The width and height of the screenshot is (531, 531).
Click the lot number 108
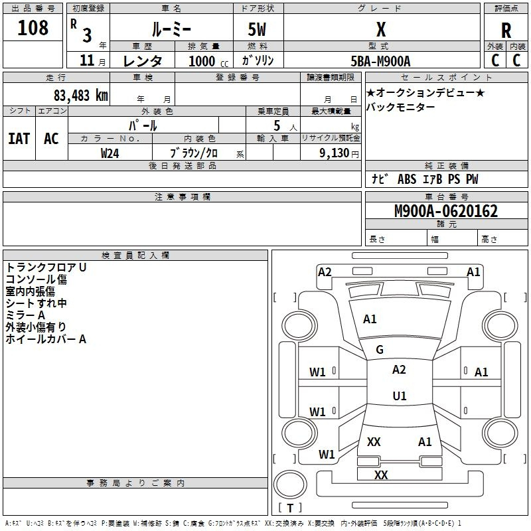pos(33,29)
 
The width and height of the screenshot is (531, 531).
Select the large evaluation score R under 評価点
pos(506,30)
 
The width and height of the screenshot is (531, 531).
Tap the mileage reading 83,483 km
pos(80,95)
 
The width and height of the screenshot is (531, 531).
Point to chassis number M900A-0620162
pos(446,211)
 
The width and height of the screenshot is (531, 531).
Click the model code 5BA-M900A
pos(380,61)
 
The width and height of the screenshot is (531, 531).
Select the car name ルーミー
pos(171,30)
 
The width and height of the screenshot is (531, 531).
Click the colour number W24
pos(110,153)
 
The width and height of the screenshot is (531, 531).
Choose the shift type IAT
pos(19,139)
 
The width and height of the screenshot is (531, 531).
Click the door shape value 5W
pos(258,30)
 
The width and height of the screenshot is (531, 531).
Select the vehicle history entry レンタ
pos(143,61)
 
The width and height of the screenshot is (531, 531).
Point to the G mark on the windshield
pos(380,350)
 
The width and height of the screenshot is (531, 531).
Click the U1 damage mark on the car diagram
pos(399,396)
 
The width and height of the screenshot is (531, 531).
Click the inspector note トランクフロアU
pos(46,267)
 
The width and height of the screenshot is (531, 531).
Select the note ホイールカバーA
pos(46,339)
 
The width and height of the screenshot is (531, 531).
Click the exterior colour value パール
pos(143,125)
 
